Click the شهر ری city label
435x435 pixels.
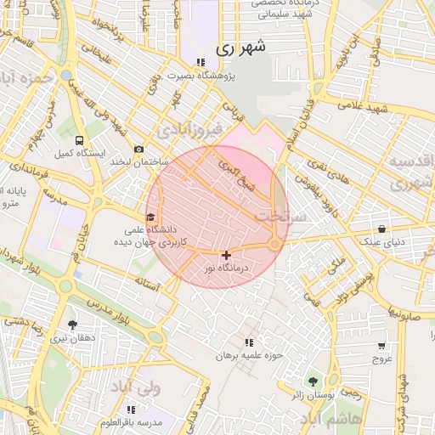(240, 48)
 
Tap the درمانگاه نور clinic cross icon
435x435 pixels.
(226, 254)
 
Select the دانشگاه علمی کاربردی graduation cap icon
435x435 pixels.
(151, 217)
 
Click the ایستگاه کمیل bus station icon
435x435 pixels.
(79, 140)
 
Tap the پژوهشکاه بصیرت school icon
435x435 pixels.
(201, 62)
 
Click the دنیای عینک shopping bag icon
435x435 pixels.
(382, 229)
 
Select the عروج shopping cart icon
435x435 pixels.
(381, 346)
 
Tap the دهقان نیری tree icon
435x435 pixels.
(71, 325)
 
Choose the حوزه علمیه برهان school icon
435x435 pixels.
(248, 342)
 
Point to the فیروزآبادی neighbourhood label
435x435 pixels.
(189, 129)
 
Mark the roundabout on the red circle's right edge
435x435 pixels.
(275, 245)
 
